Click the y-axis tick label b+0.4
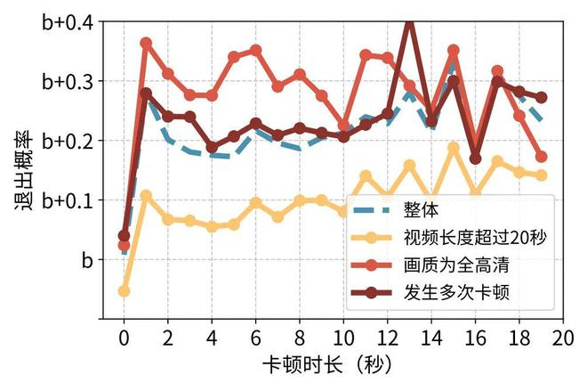(x=68, y=22)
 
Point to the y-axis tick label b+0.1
(x=68, y=200)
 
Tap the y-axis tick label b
(x=87, y=260)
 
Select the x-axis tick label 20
(x=563, y=338)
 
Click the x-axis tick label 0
(x=124, y=338)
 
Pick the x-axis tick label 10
(x=343, y=338)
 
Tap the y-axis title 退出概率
(x=24, y=170)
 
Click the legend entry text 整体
(x=421, y=209)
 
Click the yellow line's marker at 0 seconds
(x=124, y=291)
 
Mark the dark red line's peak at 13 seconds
(x=409, y=22)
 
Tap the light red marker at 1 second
(x=146, y=43)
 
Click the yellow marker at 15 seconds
(x=454, y=148)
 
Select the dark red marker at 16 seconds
(x=476, y=159)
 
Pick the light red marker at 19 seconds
(x=541, y=157)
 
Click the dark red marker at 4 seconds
(x=212, y=147)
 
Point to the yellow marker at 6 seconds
(x=255, y=203)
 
